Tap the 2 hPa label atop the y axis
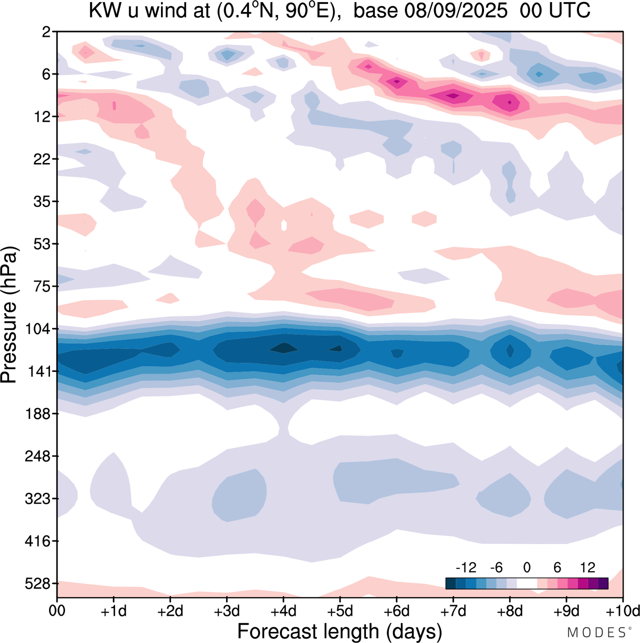[x=46, y=32]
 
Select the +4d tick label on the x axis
[x=283, y=611]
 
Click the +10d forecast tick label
[x=622, y=611]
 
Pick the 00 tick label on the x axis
[x=57, y=611]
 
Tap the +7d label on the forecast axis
[x=453, y=611]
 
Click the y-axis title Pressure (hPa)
[x=9, y=315]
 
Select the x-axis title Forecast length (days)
[x=339, y=631]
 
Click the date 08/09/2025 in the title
[x=455, y=10]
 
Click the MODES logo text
[x=596, y=632]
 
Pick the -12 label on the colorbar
[x=466, y=567]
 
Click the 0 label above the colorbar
[x=526, y=567]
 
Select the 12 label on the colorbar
[x=587, y=567]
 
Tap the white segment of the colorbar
[x=526, y=583]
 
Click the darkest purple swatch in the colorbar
[x=603, y=583]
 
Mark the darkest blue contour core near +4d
[x=283, y=347]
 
